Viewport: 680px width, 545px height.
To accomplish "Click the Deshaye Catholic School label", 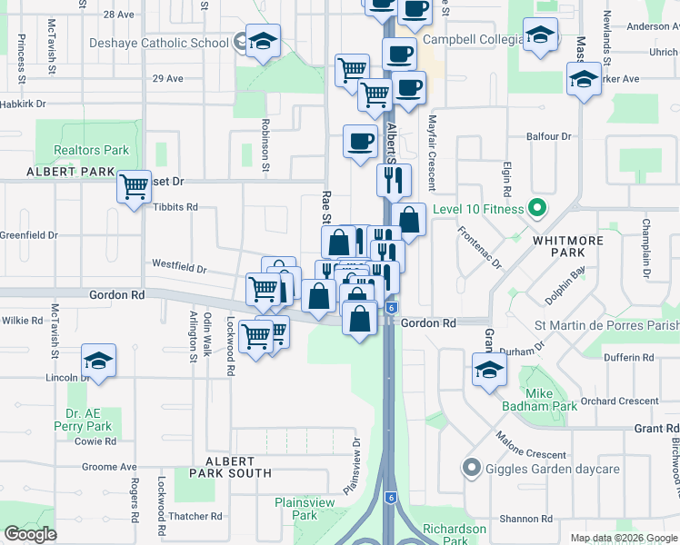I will point(159,43).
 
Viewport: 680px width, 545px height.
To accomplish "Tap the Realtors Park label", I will point(91,150).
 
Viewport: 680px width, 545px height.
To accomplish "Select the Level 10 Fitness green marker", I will point(536,210).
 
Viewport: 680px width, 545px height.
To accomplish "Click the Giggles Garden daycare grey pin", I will point(471,469).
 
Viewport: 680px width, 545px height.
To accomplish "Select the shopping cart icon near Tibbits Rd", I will point(134,187).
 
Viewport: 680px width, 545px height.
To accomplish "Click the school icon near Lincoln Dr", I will point(98,361).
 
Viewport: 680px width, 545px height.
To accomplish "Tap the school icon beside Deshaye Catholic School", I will point(263,41).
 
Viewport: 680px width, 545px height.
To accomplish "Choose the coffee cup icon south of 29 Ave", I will point(360,142).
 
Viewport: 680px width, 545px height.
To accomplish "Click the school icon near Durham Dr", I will point(489,370).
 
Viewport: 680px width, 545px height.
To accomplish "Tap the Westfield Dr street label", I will point(179,269).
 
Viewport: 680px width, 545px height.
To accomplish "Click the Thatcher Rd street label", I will point(191,516).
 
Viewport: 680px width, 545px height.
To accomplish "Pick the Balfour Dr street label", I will point(548,136).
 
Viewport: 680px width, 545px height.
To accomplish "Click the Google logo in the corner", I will point(31,534).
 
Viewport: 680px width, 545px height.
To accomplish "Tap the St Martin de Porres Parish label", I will point(606,324).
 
